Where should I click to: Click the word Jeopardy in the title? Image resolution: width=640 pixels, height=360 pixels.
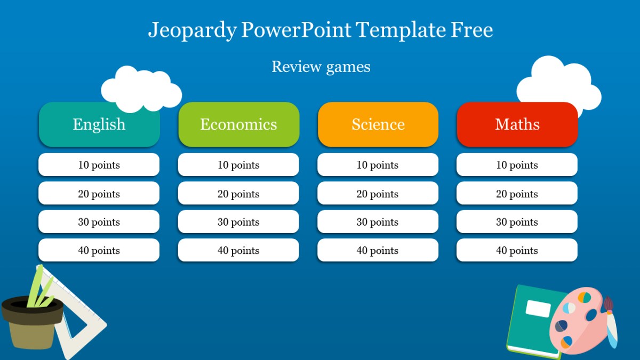pyautogui.click(x=193, y=30)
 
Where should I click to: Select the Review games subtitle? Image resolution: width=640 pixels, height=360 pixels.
pyautogui.click(x=321, y=67)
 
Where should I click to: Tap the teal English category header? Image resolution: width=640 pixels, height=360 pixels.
pyautogui.click(x=99, y=125)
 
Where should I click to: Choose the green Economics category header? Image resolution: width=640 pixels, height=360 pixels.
pyautogui.click(x=238, y=125)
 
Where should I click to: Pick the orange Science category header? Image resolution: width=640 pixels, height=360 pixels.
pyautogui.click(x=378, y=125)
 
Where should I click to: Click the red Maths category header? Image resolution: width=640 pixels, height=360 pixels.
pyautogui.click(x=517, y=125)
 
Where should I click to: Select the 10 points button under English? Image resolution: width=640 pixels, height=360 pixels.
pyautogui.click(x=99, y=165)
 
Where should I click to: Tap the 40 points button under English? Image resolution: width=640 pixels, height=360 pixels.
pyautogui.click(x=99, y=250)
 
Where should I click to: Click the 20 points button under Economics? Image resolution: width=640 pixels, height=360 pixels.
pyautogui.click(x=238, y=193)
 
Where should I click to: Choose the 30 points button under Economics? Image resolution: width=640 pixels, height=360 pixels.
pyautogui.click(x=238, y=222)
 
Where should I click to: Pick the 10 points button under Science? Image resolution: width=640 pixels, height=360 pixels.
pyautogui.click(x=378, y=165)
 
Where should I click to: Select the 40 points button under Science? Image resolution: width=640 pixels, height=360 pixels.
pyautogui.click(x=378, y=250)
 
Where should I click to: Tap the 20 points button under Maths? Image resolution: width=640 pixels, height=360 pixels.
pyautogui.click(x=517, y=193)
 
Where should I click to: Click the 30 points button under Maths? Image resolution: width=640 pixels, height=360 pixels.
pyautogui.click(x=517, y=222)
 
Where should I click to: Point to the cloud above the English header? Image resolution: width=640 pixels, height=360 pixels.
pyautogui.click(x=141, y=89)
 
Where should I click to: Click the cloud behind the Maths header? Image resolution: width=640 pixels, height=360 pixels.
pyautogui.click(x=559, y=84)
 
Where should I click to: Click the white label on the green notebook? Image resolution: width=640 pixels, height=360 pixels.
pyautogui.click(x=538, y=309)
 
